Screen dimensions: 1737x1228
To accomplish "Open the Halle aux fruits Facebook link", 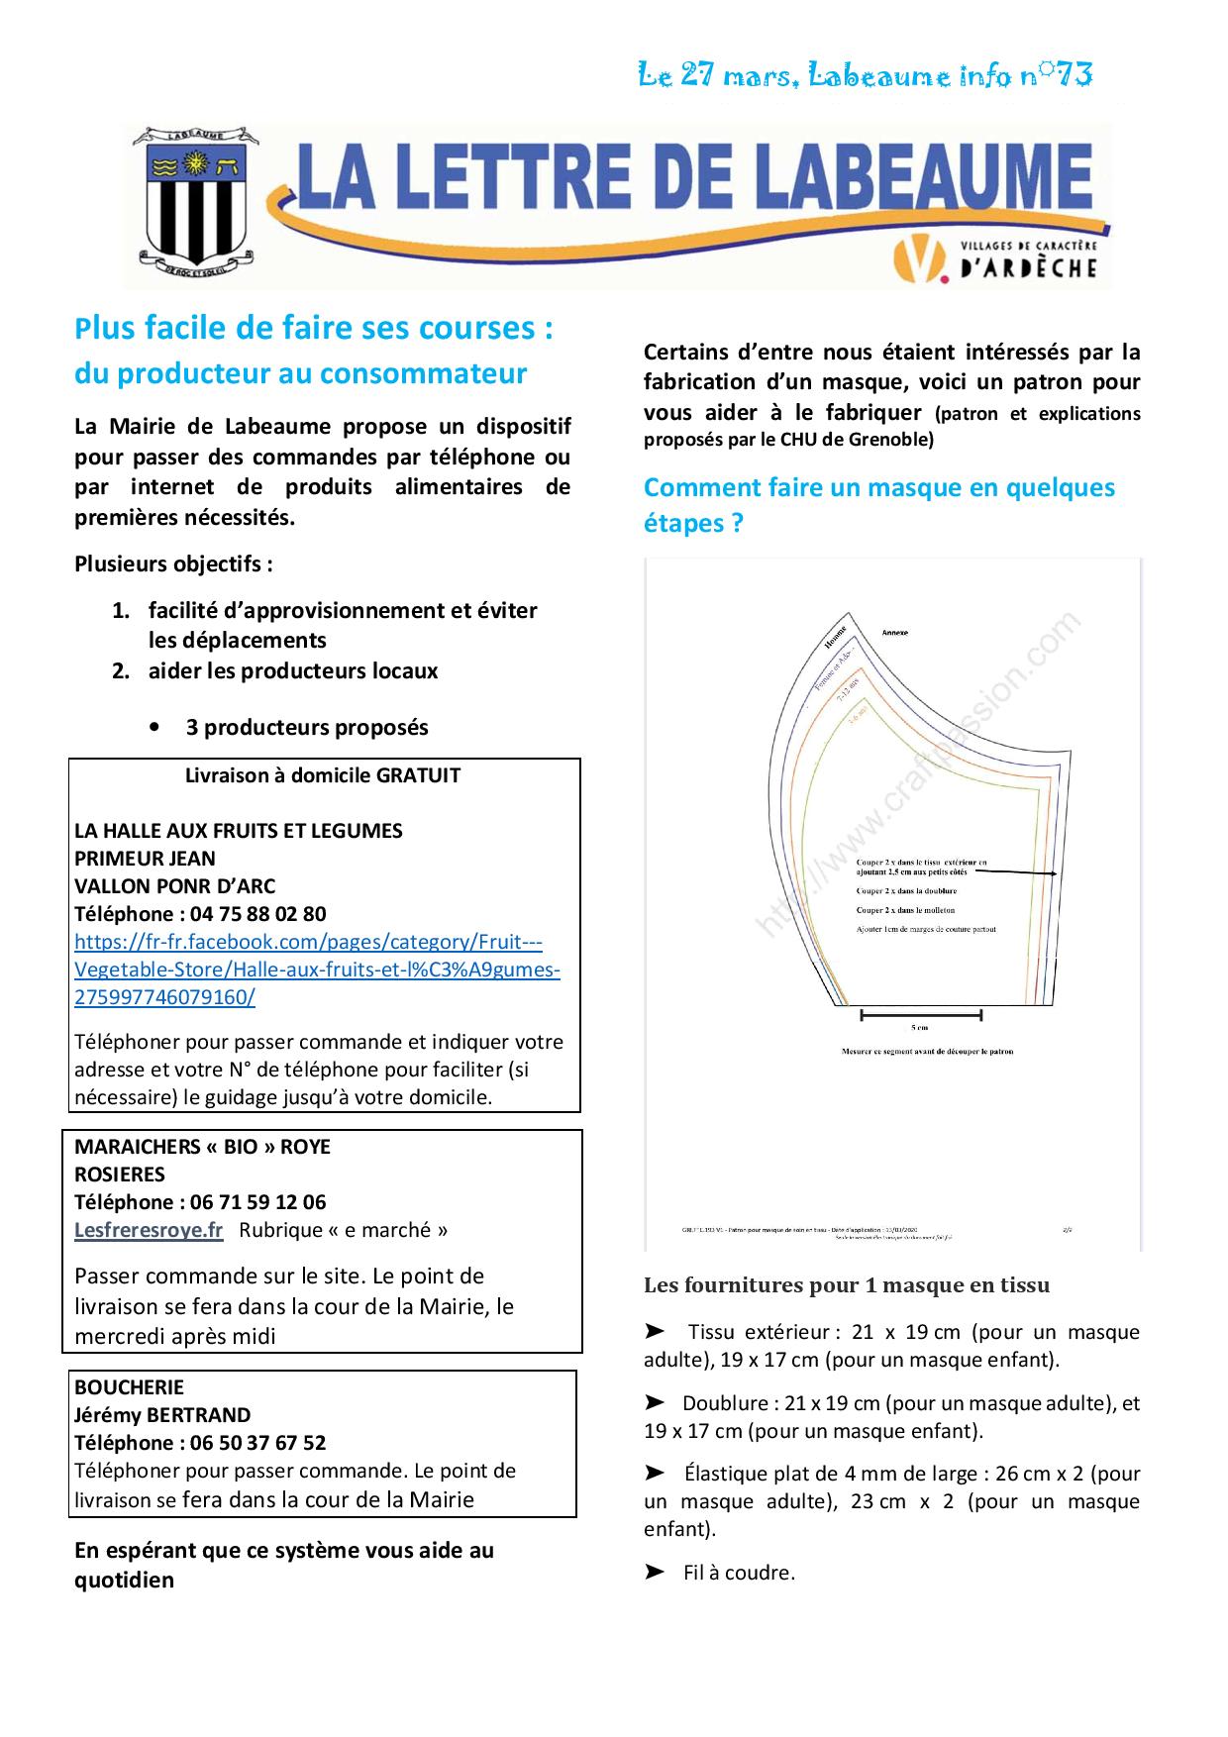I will pyautogui.click(x=317, y=970).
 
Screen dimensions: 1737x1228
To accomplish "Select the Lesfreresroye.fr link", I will pyautogui.click(x=149, y=1230).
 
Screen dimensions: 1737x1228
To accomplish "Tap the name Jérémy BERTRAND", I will pyautogui.click(x=162, y=1415).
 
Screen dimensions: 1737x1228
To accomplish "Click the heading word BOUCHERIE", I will pyautogui.click(x=129, y=1387).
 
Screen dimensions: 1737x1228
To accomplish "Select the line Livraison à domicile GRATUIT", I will pyautogui.click(x=323, y=775).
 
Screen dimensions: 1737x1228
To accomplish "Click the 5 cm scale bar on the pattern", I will pyautogui.click(x=921, y=1015).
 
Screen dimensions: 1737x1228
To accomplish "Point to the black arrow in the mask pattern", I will pyautogui.click(x=1020, y=872).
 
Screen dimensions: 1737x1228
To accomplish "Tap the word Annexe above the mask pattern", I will pyautogui.click(x=894, y=632).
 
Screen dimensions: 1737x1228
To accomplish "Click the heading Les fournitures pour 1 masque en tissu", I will pyautogui.click(x=847, y=1285).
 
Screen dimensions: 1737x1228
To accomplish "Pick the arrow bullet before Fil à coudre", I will pyautogui.click(x=655, y=1573).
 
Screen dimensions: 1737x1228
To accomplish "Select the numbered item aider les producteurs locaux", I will pyautogui.click(x=293, y=670).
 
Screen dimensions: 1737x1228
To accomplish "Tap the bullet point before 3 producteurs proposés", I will pyautogui.click(x=155, y=728).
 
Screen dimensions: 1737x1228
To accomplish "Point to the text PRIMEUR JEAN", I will pyautogui.click(x=145, y=859).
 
